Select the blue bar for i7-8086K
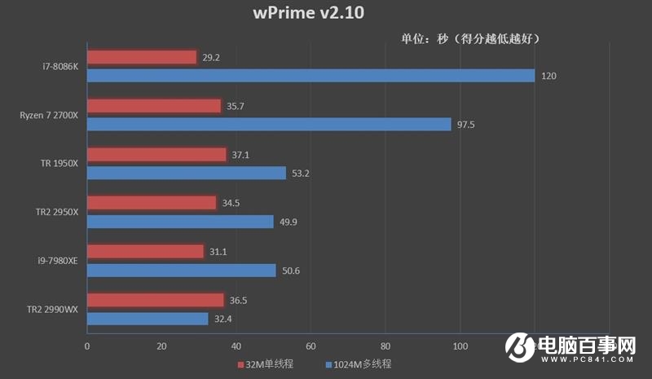tap(311, 76)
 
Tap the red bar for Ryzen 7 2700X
tap(154, 106)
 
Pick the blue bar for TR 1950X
tap(187, 173)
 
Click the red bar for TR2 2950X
tap(152, 202)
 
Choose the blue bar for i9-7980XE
tap(182, 270)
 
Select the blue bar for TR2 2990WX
tap(148, 319)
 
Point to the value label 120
tap(548, 76)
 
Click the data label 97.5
tap(467, 125)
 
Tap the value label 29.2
tap(211, 58)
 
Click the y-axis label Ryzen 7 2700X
tap(49, 115)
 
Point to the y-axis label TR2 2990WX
tap(53, 309)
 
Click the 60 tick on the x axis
tap(311, 345)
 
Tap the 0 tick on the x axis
tap(87, 345)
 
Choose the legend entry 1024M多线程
tap(363, 364)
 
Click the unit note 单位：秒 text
tap(469, 38)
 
